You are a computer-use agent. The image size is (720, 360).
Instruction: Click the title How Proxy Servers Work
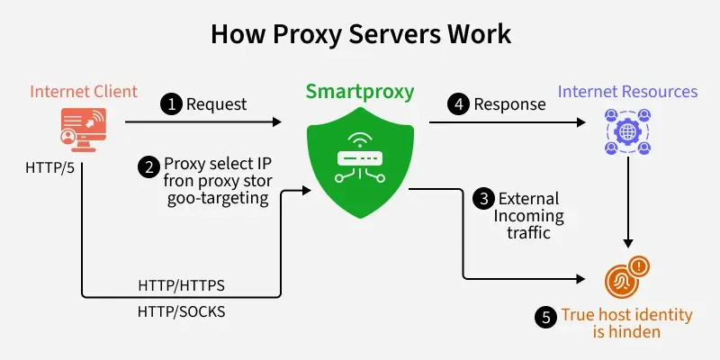(x=360, y=35)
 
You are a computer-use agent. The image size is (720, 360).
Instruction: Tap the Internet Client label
(x=84, y=91)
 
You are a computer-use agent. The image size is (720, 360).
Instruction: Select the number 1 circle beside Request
(x=171, y=104)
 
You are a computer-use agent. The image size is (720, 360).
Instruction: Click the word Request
(x=216, y=104)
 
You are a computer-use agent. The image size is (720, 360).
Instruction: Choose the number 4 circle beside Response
(x=460, y=104)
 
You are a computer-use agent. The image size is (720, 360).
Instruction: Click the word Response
(x=509, y=104)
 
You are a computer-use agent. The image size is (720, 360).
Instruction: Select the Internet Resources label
(x=627, y=91)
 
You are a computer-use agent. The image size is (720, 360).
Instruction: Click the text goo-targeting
(x=218, y=199)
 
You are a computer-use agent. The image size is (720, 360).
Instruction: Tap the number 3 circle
(x=484, y=199)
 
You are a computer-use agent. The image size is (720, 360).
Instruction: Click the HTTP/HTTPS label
(x=181, y=284)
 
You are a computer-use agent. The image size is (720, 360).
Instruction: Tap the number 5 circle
(x=546, y=316)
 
